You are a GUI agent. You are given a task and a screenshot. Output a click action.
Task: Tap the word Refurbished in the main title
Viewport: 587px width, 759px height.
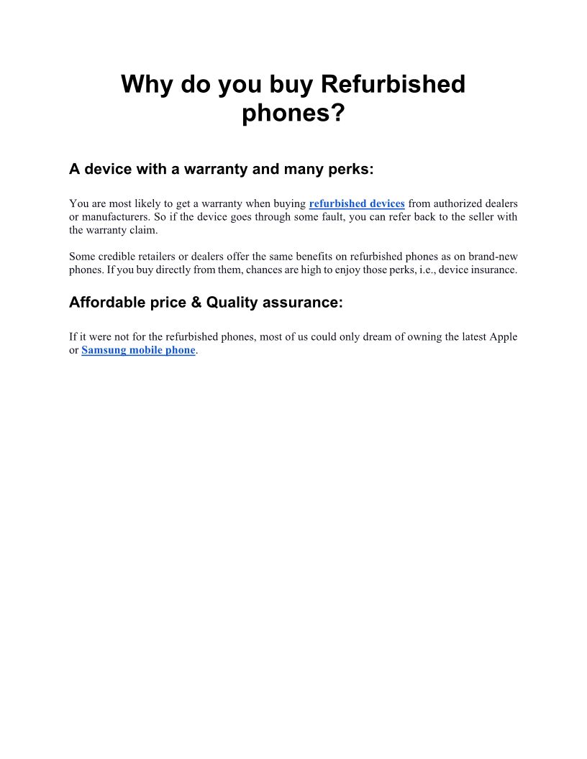[393, 85]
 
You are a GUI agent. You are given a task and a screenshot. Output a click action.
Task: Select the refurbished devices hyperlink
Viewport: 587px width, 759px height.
[357, 203]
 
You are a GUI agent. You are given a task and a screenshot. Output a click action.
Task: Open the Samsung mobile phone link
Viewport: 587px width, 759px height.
[138, 350]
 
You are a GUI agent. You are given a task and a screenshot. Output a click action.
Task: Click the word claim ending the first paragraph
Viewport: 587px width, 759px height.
[142, 230]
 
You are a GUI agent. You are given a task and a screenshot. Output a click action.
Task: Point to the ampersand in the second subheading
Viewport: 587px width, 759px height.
[196, 303]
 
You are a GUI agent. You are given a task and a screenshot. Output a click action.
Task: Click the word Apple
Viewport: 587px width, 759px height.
[503, 336]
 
